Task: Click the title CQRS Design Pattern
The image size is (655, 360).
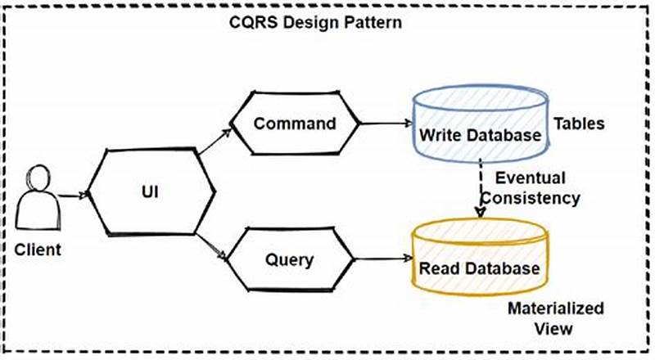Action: click(315, 22)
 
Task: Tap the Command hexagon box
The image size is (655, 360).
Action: click(294, 124)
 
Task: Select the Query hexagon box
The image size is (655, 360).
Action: click(289, 261)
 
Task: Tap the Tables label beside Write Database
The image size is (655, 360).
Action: click(578, 124)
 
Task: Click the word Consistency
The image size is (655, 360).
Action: click(531, 198)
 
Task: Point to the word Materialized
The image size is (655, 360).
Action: click(555, 309)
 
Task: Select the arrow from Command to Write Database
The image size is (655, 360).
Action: click(385, 125)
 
